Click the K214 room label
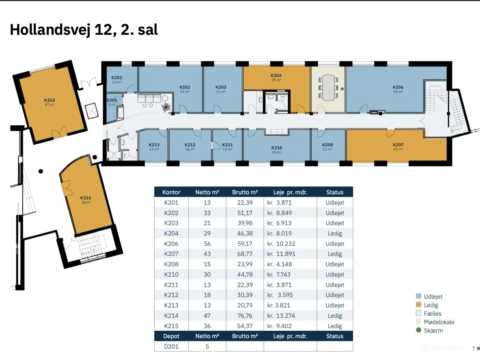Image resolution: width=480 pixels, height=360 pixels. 49,100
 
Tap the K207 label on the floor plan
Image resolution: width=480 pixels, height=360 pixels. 398,145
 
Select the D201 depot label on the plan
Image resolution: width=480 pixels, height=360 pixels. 112,100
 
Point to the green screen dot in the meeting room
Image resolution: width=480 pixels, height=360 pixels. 342,89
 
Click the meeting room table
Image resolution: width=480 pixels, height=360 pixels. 328,88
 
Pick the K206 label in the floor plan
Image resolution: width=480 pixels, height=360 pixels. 398,87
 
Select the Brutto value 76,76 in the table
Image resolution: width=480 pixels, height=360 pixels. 245,316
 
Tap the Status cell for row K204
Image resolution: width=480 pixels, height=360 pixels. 334,233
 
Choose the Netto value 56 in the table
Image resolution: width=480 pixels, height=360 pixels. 207,244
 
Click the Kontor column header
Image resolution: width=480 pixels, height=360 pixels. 171,192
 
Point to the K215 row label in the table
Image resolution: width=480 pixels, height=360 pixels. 171,326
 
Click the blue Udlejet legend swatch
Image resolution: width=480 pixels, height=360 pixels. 418,296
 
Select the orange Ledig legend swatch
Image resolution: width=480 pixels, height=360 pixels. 418,305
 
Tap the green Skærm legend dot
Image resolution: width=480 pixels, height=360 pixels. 418,330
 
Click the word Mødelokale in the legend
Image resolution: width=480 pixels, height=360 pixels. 439,322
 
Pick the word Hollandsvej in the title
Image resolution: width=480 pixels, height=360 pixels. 50,30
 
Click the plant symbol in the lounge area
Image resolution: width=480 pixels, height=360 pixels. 166,107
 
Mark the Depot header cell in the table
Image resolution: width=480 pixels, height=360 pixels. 171,336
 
